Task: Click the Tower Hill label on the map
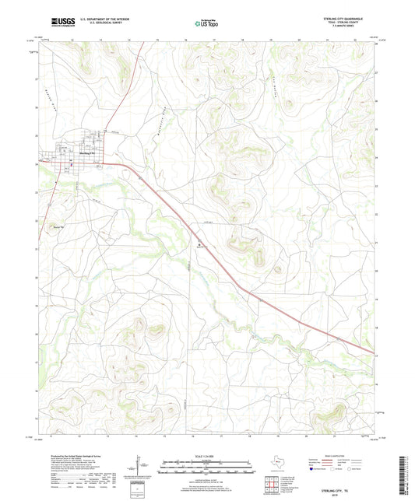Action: (55, 227)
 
